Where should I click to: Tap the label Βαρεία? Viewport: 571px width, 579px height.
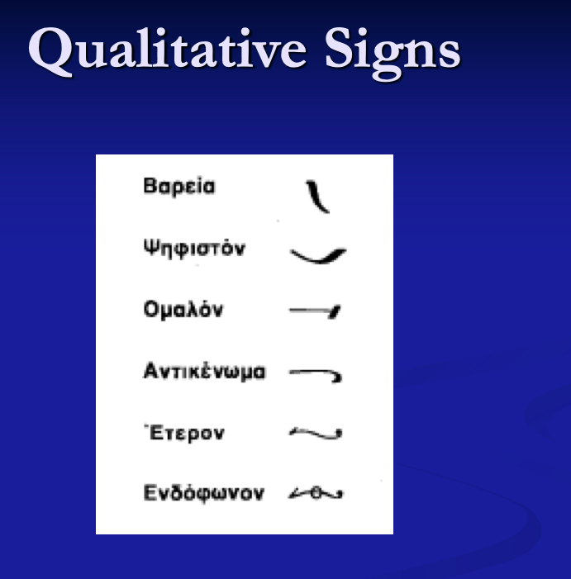point(179,186)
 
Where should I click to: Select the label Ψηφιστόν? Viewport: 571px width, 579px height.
point(194,248)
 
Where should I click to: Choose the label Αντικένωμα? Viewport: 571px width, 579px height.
point(204,372)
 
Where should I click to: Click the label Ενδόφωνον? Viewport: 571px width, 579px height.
point(203,494)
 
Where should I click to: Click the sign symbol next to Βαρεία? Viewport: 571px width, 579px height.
point(317,196)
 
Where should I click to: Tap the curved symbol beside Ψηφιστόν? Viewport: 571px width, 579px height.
point(318,255)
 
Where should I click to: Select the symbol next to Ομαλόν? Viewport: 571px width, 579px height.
point(316,311)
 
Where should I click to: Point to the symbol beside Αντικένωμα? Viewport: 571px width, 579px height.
point(316,373)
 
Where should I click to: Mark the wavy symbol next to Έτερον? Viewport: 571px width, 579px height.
point(316,432)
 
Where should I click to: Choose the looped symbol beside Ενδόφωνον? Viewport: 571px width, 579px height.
point(316,494)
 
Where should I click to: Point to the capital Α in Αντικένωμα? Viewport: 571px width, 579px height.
point(150,372)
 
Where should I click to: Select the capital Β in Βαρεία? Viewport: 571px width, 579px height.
point(150,186)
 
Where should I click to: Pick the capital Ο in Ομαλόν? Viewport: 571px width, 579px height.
point(150,311)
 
